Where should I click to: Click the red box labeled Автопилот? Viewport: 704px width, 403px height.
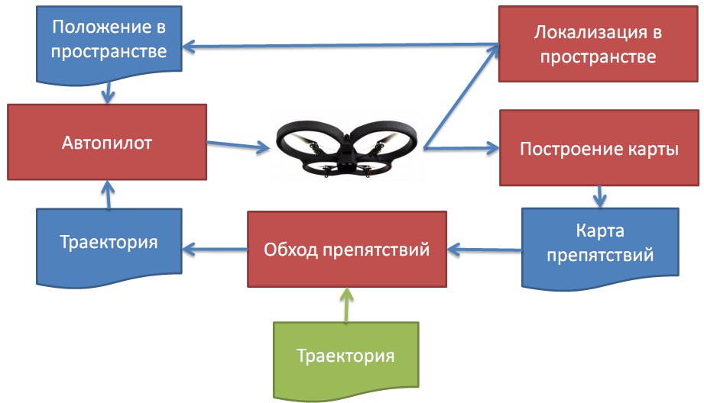[x=108, y=142]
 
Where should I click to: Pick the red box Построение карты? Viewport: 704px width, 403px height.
[x=599, y=148]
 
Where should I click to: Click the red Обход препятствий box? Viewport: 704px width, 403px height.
[x=346, y=249]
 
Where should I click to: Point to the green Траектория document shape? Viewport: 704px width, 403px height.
[x=346, y=356]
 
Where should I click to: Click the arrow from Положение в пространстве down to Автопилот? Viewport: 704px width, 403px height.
[x=109, y=92]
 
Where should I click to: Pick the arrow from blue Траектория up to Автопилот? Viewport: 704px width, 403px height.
[x=109, y=195]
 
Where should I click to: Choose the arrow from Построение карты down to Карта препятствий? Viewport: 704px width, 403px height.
[x=600, y=197]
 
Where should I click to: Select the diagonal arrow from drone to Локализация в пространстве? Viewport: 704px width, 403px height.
[x=461, y=96]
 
